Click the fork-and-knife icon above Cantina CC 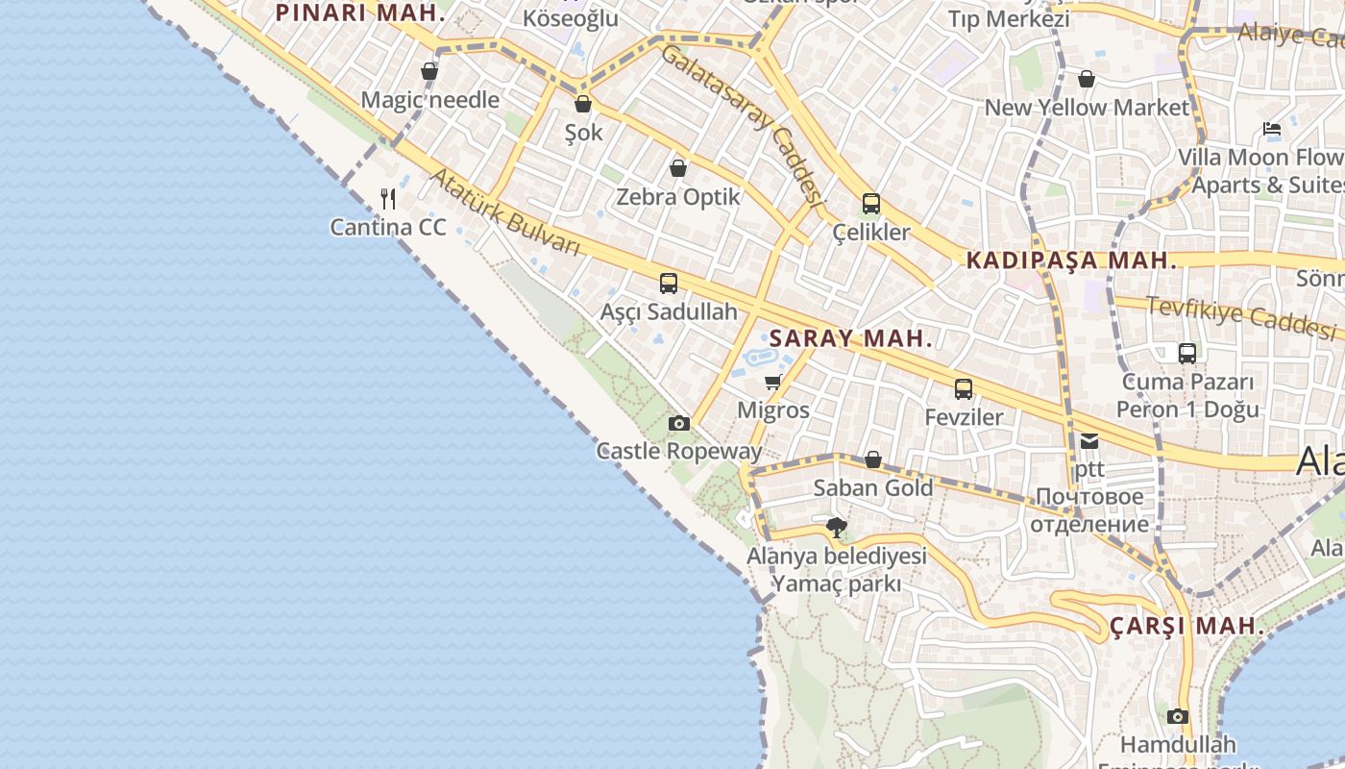[388, 199]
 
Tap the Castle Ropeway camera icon [679, 423]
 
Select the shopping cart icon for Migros [773, 382]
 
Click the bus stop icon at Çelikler [871, 204]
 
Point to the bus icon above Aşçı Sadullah [669, 284]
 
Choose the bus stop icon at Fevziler [964, 389]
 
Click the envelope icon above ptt [1089, 441]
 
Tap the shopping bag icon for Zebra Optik [678, 168]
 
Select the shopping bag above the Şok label [583, 104]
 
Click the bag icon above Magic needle [429, 71]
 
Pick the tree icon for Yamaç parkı [837, 527]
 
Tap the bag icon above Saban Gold [873, 459]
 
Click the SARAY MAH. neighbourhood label [851, 338]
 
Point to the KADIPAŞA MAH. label [1071, 260]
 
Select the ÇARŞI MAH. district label [1187, 626]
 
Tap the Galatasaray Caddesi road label [743, 125]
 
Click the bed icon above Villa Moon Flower [1272, 129]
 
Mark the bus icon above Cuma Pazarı [1187, 353]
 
